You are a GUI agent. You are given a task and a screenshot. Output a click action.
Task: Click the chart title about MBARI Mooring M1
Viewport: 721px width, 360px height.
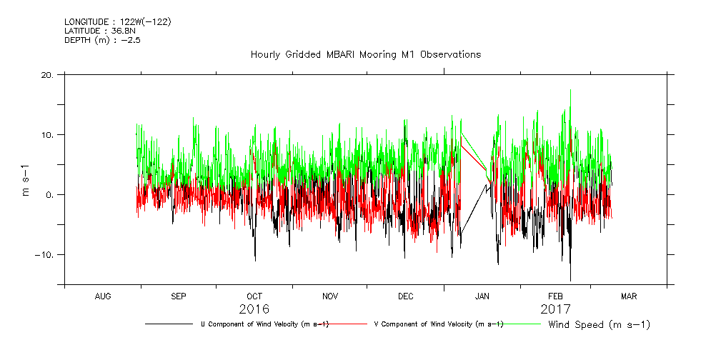pos(365,54)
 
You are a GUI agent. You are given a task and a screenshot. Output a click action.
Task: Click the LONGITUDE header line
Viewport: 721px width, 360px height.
pos(117,21)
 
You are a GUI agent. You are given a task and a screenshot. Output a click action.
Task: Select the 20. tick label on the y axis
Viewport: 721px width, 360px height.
pos(48,75)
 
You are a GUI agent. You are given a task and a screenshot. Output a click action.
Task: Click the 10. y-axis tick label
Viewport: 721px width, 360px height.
pos(48,135)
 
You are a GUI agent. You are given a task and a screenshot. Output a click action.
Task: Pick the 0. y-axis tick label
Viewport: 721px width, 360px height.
pos(51,195)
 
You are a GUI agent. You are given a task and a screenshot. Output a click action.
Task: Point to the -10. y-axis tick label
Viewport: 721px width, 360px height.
pos(45,255)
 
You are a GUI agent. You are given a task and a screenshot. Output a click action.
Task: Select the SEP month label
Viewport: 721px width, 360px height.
pos(178,296)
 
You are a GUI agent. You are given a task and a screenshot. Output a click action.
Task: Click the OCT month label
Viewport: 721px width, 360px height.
pos(254,296)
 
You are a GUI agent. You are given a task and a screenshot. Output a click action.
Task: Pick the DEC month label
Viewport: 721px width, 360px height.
pos(405,296)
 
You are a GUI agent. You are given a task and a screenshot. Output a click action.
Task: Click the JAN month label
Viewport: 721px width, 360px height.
pos(482,296)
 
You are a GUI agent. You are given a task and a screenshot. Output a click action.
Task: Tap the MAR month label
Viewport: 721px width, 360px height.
pos(629,296)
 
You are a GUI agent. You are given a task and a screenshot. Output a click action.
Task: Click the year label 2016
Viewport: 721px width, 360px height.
pos(254,309)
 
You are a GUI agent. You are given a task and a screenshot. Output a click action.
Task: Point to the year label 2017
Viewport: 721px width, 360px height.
pos(556,309)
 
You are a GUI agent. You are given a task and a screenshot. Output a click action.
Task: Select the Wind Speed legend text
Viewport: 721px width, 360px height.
pos(599,325)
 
